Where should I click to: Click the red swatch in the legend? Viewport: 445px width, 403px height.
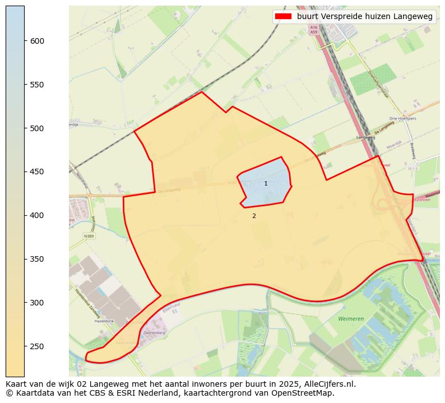pos(283,17)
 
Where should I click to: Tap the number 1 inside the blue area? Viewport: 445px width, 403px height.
pos(266,183)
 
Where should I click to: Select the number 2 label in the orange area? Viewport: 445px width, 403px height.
pos(254,216)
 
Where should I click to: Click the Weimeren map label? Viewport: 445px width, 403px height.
pos(351,318)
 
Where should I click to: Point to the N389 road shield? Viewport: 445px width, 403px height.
pos(89,236)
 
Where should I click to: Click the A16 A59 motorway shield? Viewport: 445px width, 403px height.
pos(313,30)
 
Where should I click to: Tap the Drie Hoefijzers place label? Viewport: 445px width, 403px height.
pos(402,119)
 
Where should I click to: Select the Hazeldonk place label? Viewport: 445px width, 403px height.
pos(104,321)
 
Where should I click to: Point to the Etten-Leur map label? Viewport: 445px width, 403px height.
pos(169,309)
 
